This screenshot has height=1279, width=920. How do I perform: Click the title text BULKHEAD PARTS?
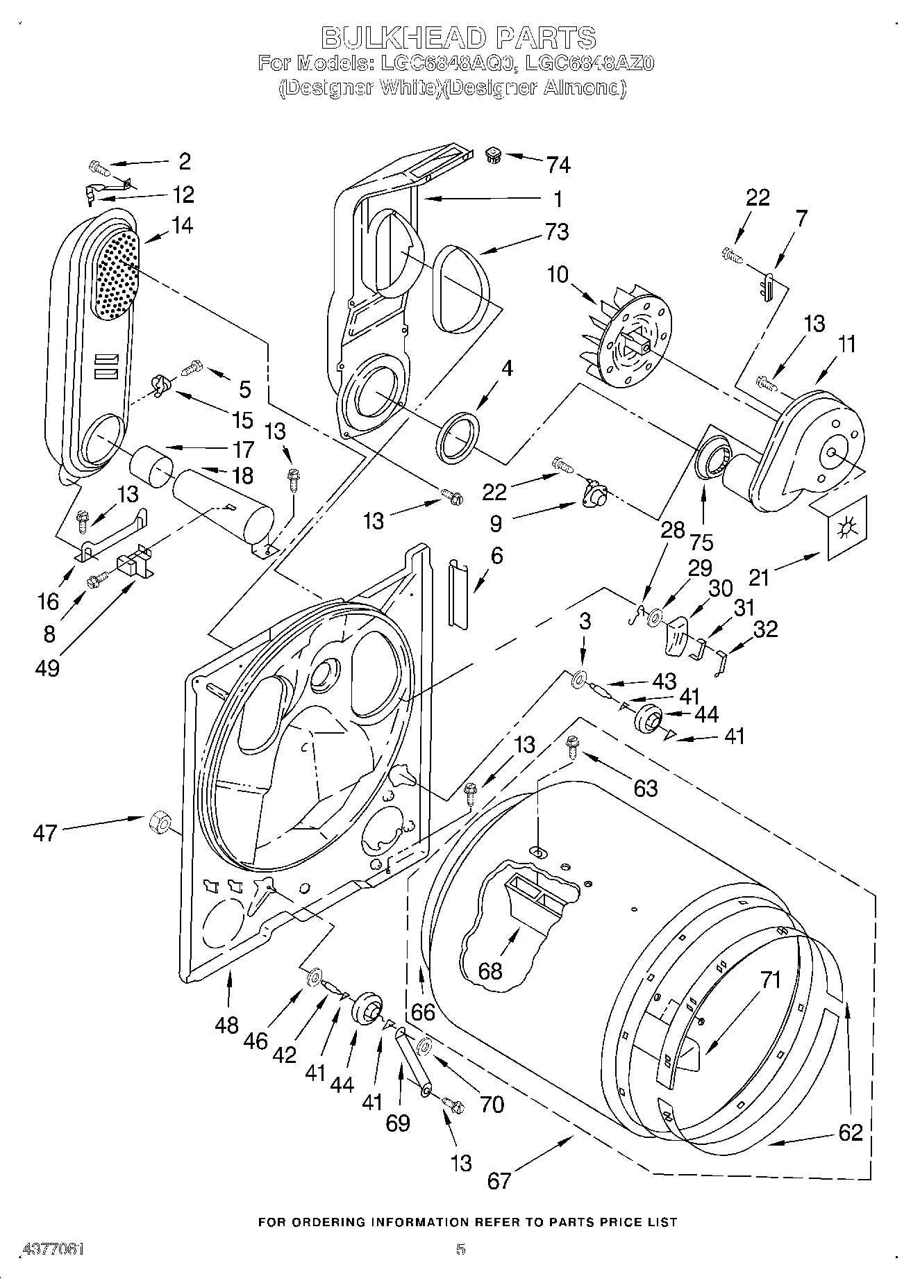[x=458, y=36]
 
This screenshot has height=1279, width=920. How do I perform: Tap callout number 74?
[x=558, y=165]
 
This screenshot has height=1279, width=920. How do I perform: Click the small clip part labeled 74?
[x=493, y=154]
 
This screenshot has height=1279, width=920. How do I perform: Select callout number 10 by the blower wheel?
[x=558, y=274]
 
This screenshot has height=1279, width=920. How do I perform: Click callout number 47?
[x=44, y=832]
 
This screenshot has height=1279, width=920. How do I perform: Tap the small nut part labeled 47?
[x=159, y=821]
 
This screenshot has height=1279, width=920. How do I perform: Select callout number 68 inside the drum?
[x=490, y=970]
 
